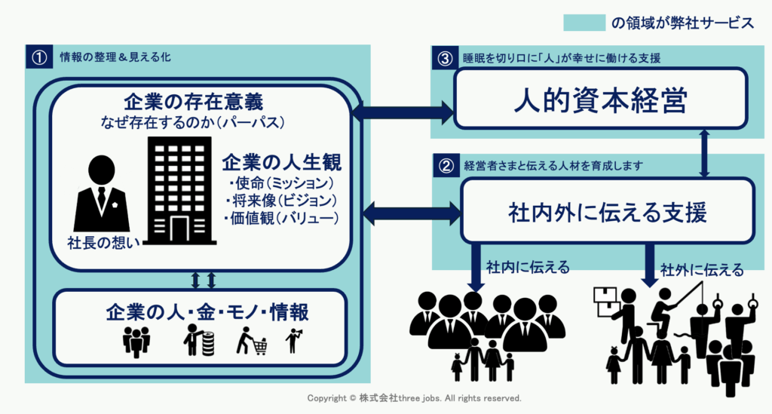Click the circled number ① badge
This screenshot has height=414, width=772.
point(36,57)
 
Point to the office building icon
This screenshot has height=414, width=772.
point(179,192)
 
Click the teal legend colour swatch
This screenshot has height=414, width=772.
point(584,23)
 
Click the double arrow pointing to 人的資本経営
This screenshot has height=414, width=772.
point(403,113)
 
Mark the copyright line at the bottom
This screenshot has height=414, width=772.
point(414,398)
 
